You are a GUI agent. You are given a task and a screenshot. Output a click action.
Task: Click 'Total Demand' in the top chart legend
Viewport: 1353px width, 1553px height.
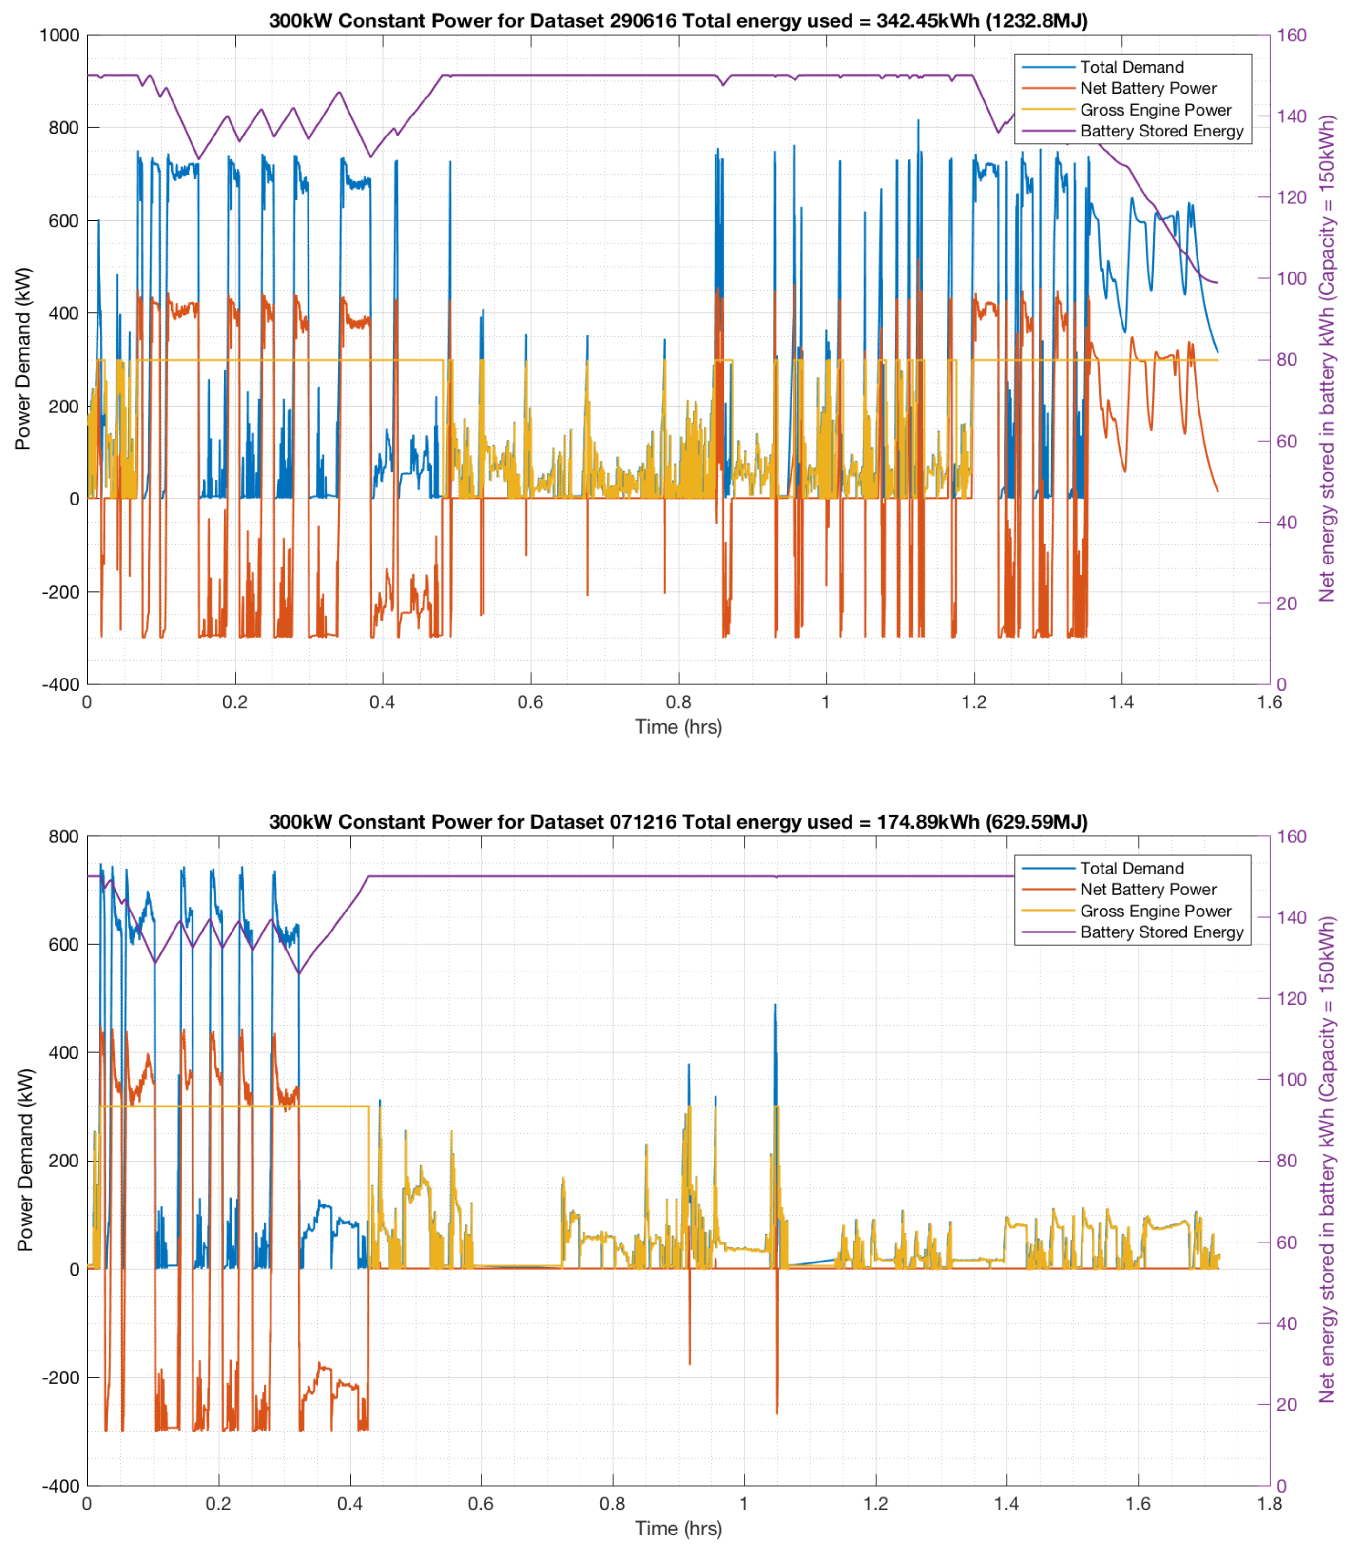(x=1131, y=67)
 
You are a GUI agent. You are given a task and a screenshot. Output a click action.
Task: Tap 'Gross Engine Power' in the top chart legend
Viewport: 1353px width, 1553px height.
(x=1155, y=110)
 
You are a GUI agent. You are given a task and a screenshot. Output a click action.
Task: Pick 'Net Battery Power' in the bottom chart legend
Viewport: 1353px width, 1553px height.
(x=1148, y=890)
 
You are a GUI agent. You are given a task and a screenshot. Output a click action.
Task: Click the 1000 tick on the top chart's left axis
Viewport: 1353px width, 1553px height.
(x=59, y=36)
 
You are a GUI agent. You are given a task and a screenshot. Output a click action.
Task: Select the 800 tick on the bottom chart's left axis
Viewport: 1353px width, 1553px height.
(x=63, y=836)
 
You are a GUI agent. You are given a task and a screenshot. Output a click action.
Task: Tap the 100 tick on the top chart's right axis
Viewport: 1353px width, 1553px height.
(x=1292, y=278)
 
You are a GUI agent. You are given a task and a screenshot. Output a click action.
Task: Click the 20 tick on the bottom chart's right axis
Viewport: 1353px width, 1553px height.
(x=1287, y=1404)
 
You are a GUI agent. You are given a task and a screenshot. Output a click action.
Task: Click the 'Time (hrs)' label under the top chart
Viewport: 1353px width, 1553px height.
(x=678, y=727)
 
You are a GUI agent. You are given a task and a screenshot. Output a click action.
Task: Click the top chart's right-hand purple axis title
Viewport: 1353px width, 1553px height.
(x=1327, y=359)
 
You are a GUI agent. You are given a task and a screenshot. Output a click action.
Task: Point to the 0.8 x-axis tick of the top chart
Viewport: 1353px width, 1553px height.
(x=678, y=702)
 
